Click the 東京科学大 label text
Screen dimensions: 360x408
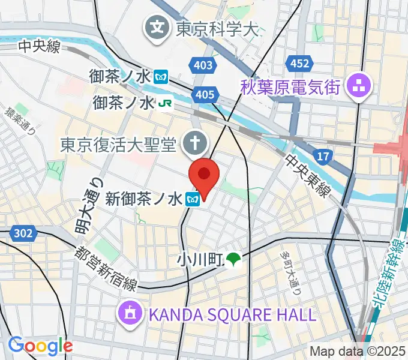coord(217,28)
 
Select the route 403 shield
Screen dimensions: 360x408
coord(200,64)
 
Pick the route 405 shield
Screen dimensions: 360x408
coord(205,94)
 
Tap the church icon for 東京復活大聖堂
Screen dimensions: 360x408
coord(195,143)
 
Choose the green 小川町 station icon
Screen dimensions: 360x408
coord(233,259)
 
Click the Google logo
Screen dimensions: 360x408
coord(40,346)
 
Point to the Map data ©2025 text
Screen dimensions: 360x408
coord(358,352)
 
